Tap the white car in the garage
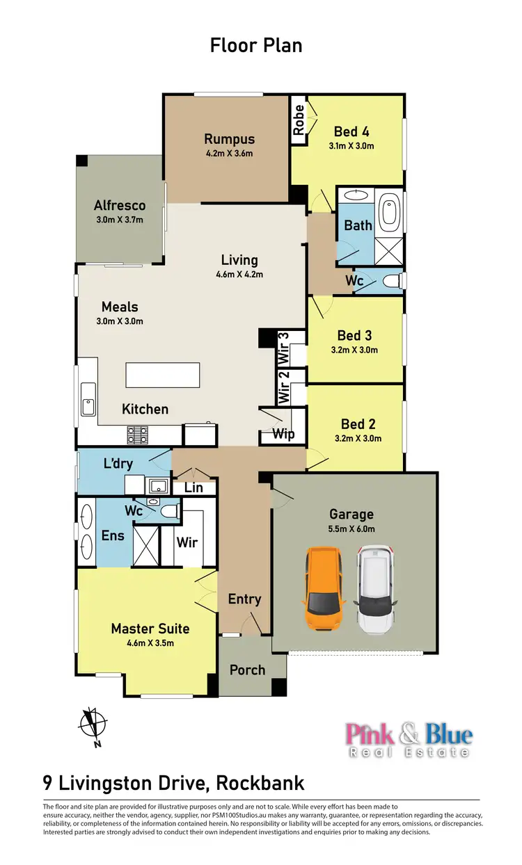(376, 588)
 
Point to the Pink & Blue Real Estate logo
(409, 740)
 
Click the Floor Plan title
(256, 46)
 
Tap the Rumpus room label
(229, 139)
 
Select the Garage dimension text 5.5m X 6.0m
(351, 528)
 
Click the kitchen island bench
(162, 375)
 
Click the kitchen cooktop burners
(137, 435)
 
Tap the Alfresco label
(120, 205)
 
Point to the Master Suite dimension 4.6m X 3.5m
(150, 643)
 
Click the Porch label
(247, 670)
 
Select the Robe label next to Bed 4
(299, 120)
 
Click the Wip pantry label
(283, 435)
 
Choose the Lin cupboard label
(193, 487)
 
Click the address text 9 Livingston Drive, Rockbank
(173, 783)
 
